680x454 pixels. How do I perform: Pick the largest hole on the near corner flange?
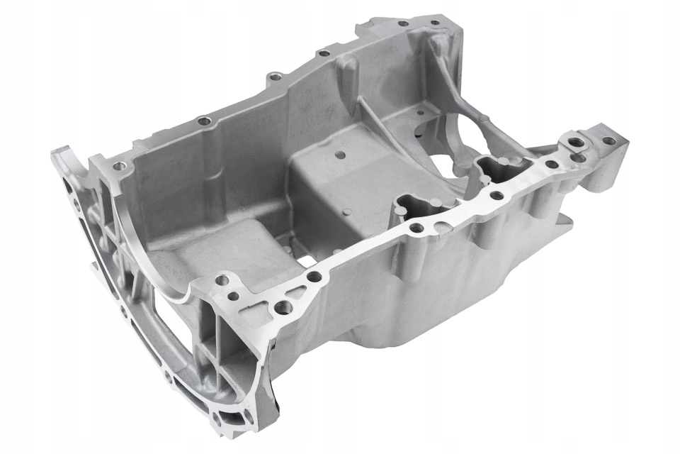point(283,306)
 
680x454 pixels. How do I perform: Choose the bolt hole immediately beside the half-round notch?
point(417,228)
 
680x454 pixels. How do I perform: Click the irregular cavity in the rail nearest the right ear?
point(499,168)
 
